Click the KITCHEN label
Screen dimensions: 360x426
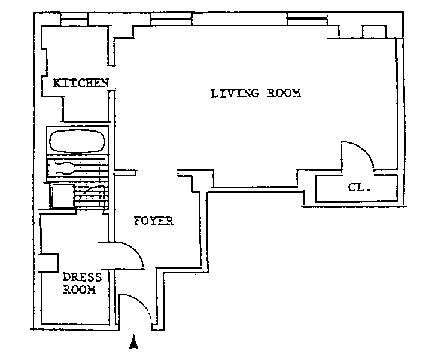[81, 83]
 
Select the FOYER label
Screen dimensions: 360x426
[153, 221]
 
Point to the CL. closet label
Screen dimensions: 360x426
[360, 188]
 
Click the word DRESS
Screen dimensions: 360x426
[83, 277]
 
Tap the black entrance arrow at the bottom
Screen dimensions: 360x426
[134, 343]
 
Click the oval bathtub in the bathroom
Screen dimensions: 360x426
[77, 142]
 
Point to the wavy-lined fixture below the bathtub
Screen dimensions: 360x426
[66, 167]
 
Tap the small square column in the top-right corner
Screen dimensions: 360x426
[374, 31]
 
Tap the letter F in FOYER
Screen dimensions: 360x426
[136, 221]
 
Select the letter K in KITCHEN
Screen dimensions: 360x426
[57, 83]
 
